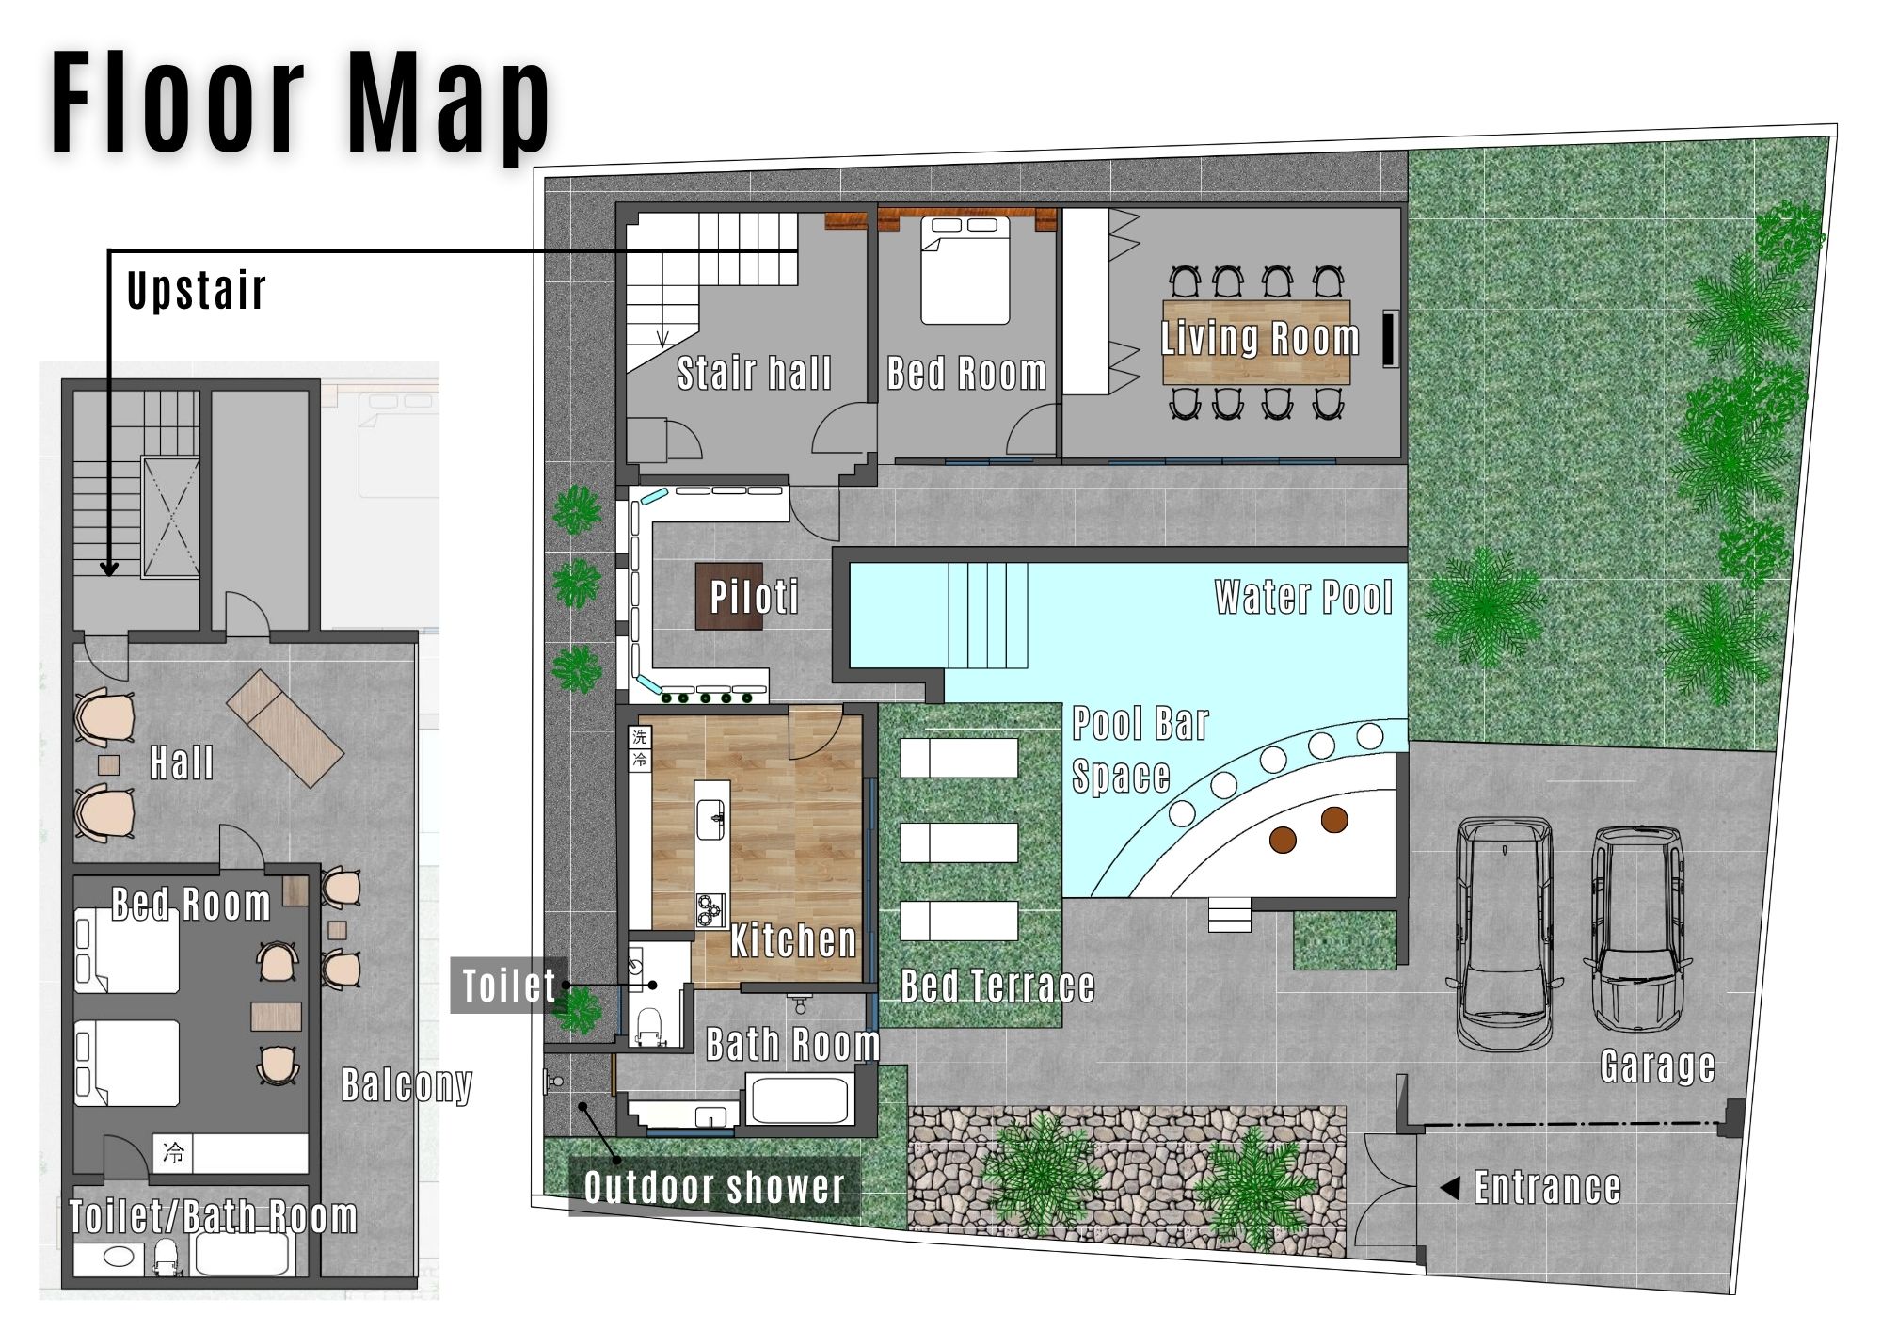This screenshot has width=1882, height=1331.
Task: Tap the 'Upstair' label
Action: coord(197,290)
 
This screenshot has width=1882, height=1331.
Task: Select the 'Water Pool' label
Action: coord(1303,597)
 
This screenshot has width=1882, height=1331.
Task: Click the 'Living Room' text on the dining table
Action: coord(1260,338)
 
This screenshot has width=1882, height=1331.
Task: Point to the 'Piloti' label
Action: coord(754,597)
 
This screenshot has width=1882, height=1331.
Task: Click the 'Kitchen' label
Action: coord(793,940)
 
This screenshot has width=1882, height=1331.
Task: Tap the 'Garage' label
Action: coord(1658,1066)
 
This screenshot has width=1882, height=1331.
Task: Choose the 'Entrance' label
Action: coord(1547,1188)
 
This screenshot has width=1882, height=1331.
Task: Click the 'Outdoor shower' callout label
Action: coord(714,1187)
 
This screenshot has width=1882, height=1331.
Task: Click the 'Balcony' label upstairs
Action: coord(407,1085)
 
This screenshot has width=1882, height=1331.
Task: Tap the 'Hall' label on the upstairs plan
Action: coord(182,762)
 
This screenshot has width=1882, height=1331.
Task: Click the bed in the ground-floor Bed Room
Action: coord(965,269)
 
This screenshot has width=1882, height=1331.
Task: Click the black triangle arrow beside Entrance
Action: coord(1450,1188)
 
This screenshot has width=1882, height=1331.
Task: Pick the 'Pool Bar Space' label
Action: coord(1140,750)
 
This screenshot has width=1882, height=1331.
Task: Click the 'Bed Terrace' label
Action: coord(997,986)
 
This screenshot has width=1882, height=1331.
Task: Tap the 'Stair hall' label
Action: coord(754,373)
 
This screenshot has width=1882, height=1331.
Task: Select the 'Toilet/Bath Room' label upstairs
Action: coord(214,1217)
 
